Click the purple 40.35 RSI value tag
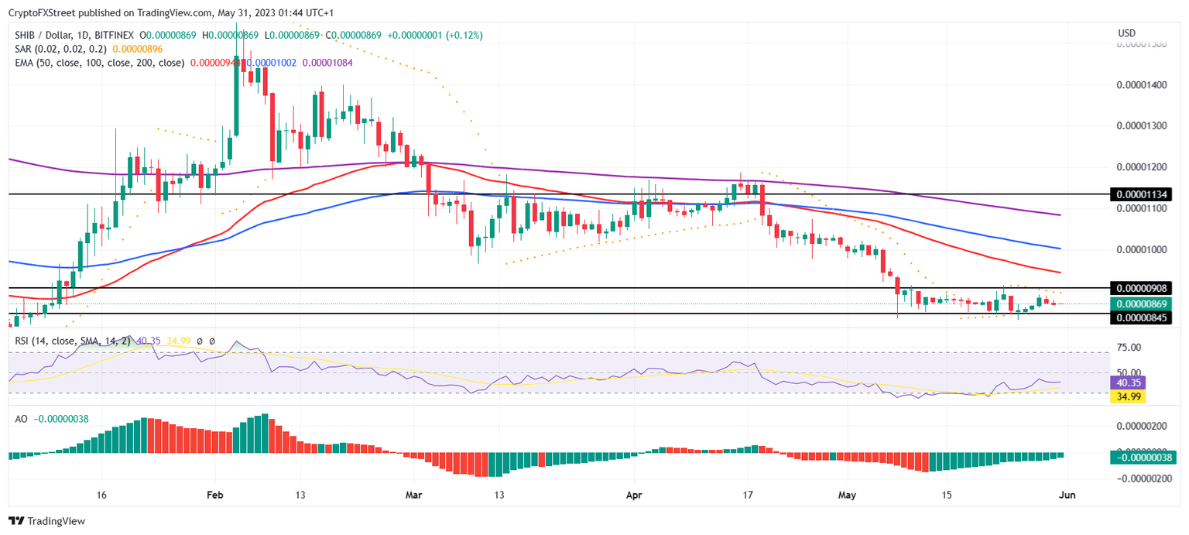[1126, 382]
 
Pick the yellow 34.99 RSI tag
[1126, 396]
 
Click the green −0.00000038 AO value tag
[1143, 457]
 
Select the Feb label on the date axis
[215, 496]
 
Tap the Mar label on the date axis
[414, 496]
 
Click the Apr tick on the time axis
[634, 496]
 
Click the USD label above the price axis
[1127, 33]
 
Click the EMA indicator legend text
[97, 63]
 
